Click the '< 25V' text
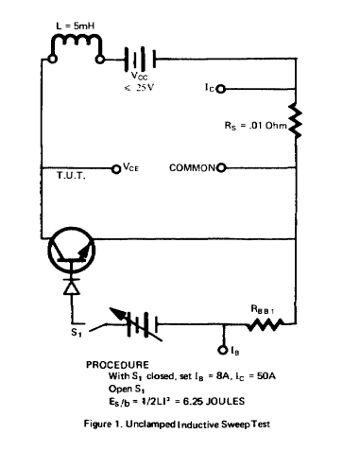(x=140, y=87)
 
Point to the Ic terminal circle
(x=221, y=89)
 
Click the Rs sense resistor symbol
(x=295, y=120)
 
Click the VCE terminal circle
(x=116, y=167)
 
